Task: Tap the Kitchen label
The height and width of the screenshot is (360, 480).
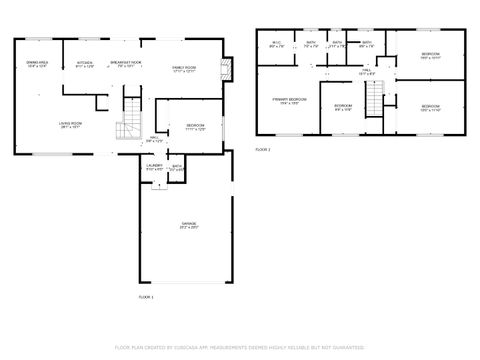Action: (x=85, y=66)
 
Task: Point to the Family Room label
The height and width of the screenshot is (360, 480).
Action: (x=184, y=68)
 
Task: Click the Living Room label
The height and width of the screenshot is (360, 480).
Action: (x=70, y=126)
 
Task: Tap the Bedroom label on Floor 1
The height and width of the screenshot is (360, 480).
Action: (x=193, y=127)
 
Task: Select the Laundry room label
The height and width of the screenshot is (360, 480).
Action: (x=154, y=167)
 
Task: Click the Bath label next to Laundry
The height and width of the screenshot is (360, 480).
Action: (x=177, y=168)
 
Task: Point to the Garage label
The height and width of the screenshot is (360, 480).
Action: (x=188, y=224)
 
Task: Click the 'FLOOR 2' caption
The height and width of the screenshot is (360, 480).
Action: (x=263, y=149)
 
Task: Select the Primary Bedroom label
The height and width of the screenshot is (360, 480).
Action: (x=287, y=102)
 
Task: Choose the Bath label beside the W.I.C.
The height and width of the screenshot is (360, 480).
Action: (x=311, y=44)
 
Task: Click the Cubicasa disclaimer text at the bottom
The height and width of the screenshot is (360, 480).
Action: (x=240, y=347)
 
